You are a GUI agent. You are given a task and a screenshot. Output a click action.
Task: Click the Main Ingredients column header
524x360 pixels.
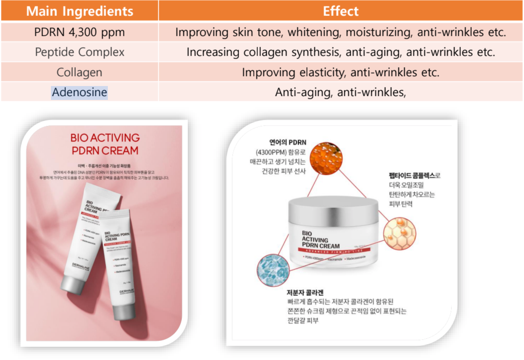coord(80,11)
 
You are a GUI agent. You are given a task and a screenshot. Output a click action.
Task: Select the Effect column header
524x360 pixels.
coord(340,11)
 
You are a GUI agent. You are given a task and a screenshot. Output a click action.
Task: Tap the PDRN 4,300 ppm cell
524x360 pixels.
coord(80,32)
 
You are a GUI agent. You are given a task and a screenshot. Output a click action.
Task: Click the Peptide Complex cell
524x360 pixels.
coord(80,52)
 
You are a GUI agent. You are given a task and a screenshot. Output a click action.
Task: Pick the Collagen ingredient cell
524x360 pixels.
coord(79,72)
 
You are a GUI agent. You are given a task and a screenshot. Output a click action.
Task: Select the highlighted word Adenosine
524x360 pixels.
coord(79,92)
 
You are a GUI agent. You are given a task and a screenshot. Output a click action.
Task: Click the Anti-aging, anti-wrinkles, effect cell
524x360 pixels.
coord(340,92)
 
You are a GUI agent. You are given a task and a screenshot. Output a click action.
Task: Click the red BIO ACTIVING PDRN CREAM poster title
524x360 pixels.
coord(105,144)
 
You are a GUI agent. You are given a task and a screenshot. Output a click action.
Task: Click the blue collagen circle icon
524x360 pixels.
coord(273,270)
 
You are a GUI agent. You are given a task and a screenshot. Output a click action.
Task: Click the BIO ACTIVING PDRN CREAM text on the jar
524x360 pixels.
coord(320,240)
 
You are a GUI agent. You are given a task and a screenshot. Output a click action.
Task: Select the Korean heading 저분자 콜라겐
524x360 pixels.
coord(305,292)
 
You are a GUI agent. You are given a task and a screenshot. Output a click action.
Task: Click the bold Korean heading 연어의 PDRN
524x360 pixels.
coord(287,142)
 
